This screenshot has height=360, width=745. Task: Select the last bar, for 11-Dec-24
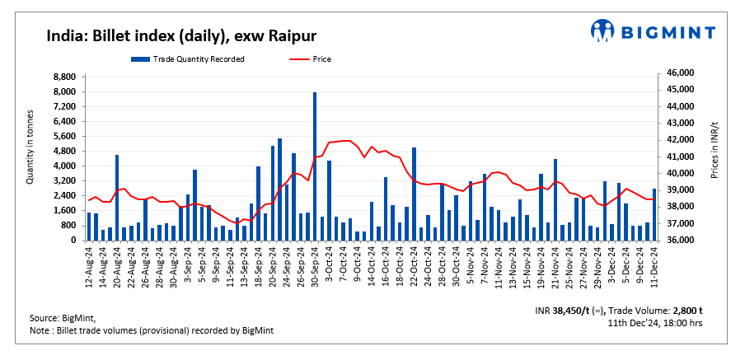pos(654,214)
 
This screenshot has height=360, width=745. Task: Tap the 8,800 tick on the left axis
pos(64,77)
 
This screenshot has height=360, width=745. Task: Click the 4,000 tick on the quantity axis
pos(64,166)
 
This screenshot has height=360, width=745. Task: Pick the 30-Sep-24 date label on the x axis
pos(315,265)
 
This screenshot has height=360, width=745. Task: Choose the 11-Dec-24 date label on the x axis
pos(654,265)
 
